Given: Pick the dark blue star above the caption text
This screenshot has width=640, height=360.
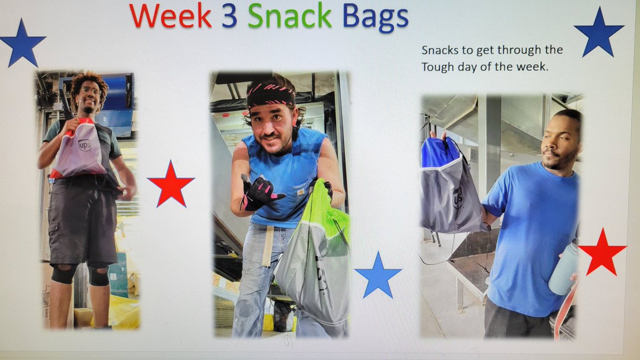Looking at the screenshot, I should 599,33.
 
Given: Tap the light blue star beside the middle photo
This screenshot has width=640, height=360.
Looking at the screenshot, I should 378,276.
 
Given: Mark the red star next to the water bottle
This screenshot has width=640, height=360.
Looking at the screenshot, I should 602,252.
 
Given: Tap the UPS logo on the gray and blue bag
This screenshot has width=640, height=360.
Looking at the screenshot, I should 458,198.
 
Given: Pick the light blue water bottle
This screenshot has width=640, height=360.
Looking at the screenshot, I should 563,269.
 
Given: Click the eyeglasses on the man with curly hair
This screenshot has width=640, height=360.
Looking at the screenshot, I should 91,91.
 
